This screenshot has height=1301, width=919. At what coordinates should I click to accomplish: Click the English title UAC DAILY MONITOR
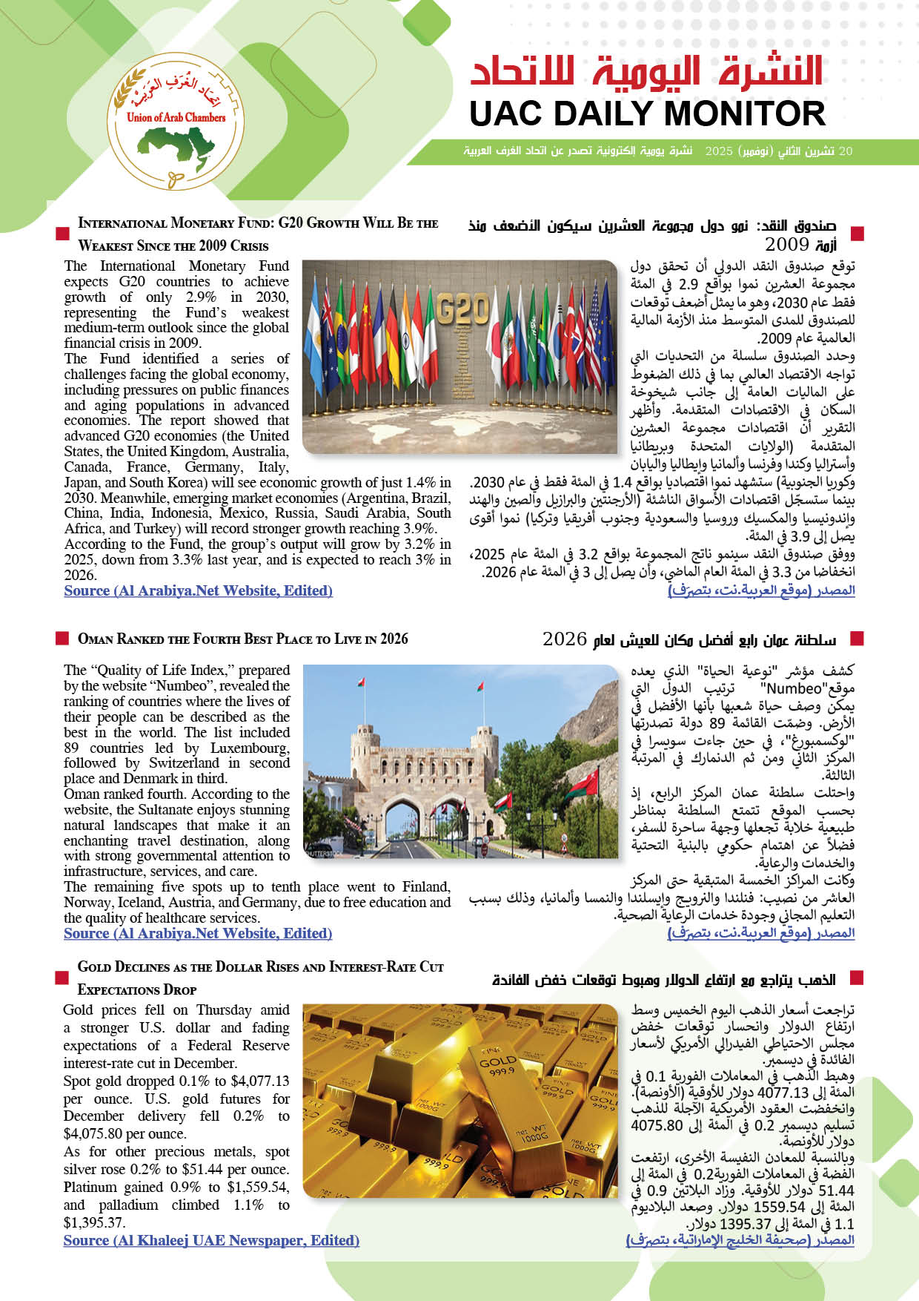point(647,114)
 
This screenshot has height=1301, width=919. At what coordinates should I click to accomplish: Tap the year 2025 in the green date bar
point(718,151)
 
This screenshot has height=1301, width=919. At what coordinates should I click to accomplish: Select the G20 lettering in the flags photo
point(462,310)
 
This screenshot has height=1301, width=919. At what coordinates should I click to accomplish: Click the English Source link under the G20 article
point(198,591)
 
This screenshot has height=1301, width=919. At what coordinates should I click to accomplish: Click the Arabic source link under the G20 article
point(761,590)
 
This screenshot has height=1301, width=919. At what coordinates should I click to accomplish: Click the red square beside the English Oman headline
point(62,639)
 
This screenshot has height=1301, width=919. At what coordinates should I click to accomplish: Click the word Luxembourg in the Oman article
point(250,748)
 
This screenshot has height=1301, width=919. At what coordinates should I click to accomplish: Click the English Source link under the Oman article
point(198,934)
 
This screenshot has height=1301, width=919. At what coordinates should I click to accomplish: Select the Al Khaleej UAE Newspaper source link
point(211,1240)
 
